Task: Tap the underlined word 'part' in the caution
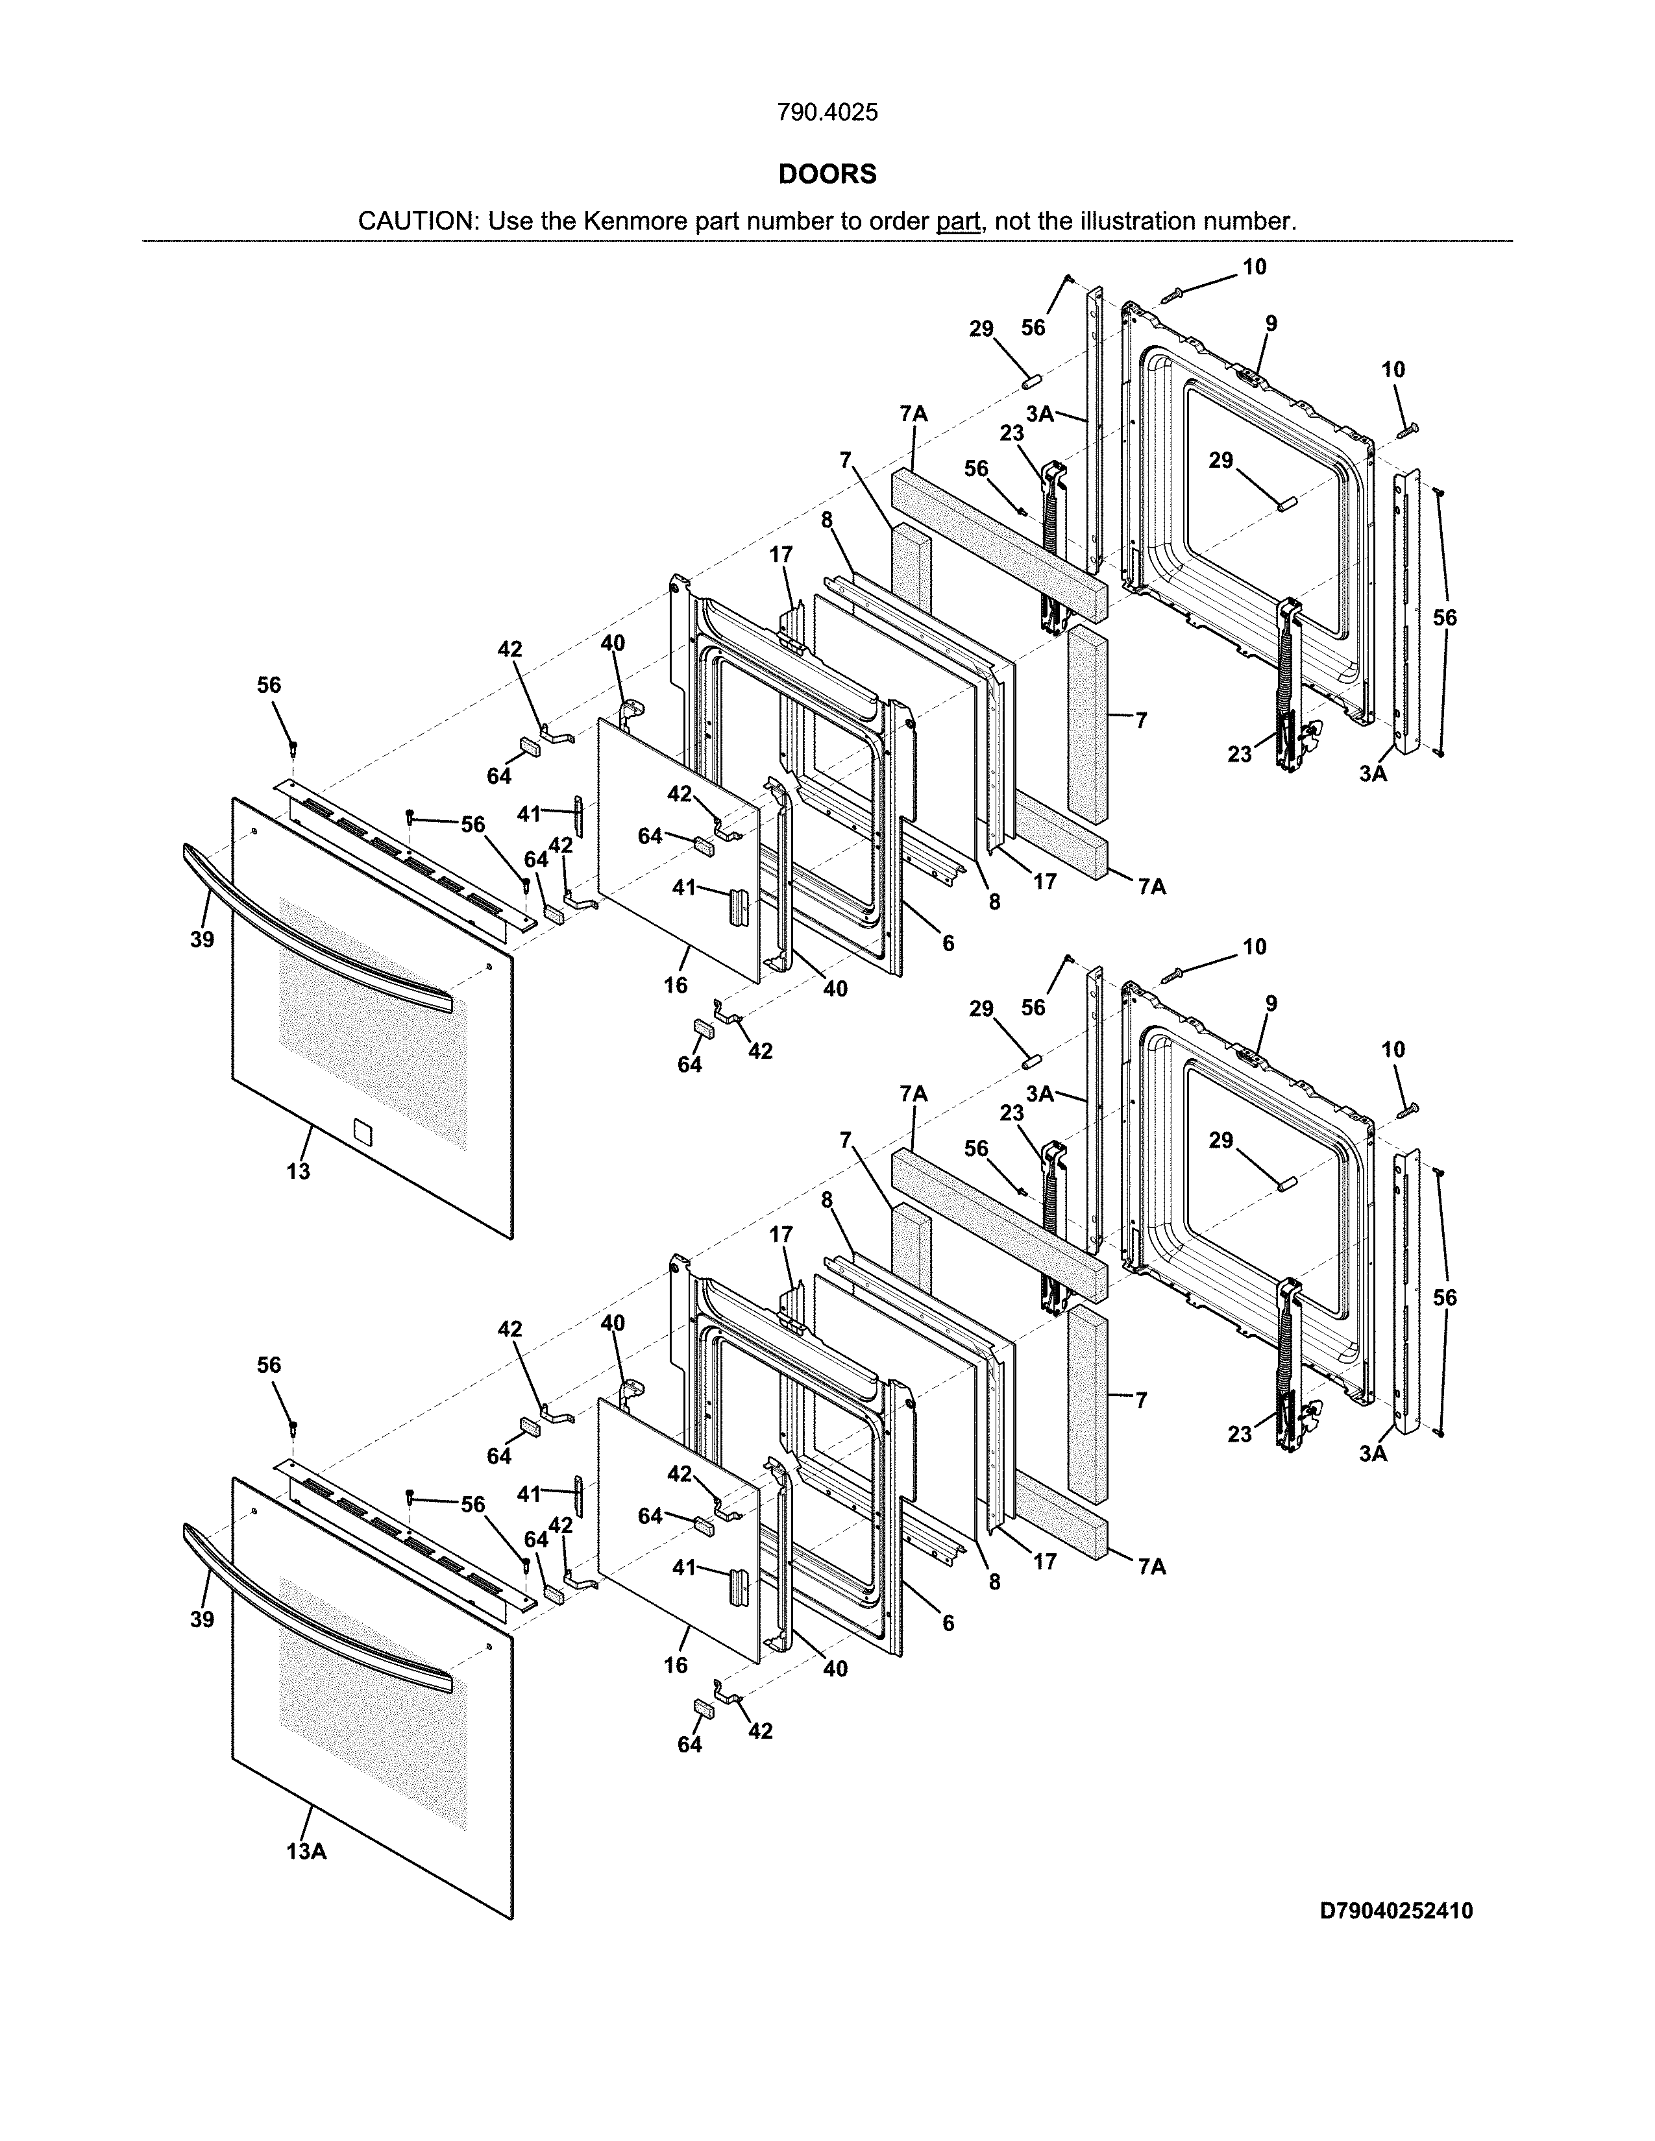(x=958, y=221)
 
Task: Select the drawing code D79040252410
(x=1396, y=1911)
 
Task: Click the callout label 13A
(x=306, y=1851)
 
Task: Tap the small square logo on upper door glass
(x=362, y=1132)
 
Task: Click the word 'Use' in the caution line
(x=510, y=221)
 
